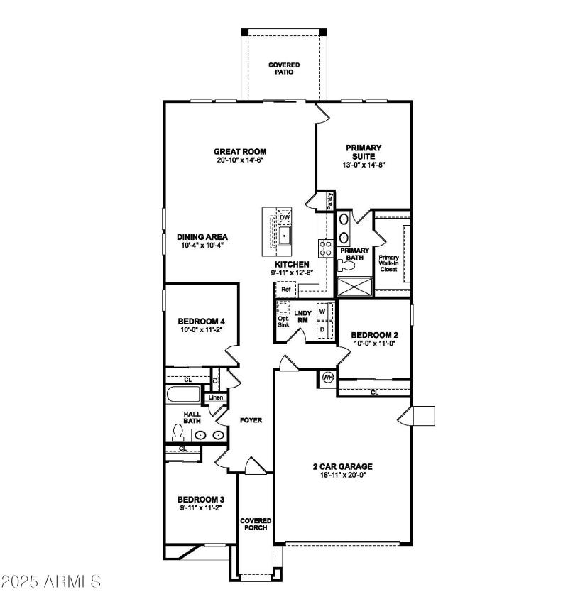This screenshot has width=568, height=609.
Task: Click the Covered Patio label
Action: (x=283, y=68)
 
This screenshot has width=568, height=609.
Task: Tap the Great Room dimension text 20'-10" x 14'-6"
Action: (x=240, y=160)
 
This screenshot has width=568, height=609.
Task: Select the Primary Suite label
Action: (x=364, y=152)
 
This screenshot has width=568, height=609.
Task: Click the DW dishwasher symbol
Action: (x=285, y=217)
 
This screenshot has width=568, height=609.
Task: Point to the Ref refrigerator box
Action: (x=286, y=290)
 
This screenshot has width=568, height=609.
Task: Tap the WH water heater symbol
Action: (x=328, y=378)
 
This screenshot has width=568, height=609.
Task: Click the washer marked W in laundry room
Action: (x=322, y=312)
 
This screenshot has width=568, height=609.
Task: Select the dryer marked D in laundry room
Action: (x=322, y=330)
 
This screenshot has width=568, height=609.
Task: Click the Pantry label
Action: (x=330, y=201)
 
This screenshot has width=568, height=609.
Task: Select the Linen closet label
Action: (x=216, y=397)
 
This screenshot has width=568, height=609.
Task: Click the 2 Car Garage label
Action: (x=343, y=466)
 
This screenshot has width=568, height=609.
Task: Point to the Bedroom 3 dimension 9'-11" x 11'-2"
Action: (x=201, y=508)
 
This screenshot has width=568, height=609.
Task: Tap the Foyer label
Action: (x=251, y=420)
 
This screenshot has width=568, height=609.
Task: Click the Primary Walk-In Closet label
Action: (x=388, y=263)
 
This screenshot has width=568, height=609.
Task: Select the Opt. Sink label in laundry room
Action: (x=283, y=321)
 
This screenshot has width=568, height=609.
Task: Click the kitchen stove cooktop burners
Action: (x=327, y=247)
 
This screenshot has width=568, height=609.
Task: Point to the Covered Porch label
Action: (x=255, y=525)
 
